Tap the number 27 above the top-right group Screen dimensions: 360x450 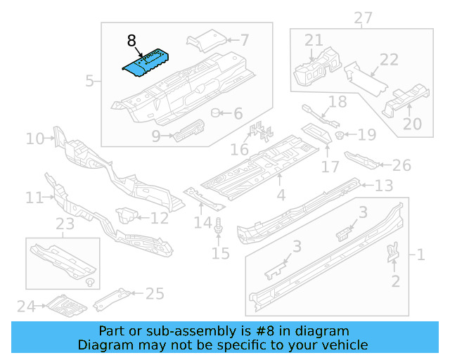click(363, 17)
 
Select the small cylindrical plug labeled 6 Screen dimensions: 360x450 click(217, 112)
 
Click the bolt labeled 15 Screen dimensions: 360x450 click(220, 226)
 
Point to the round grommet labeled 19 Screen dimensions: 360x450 click(340, 135)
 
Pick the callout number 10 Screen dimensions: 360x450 click(34, 139)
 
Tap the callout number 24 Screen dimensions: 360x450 click(25, 306)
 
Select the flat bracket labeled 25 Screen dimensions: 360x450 click(112, 298)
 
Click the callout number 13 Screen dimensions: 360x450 click(384, 186)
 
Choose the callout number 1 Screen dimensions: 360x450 click(420, 255)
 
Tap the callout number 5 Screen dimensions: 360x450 click(89, 82)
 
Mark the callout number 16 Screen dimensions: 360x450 click(240, 150)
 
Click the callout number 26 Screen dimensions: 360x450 click(401, 166)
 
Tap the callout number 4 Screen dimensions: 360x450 click(281, 195)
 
